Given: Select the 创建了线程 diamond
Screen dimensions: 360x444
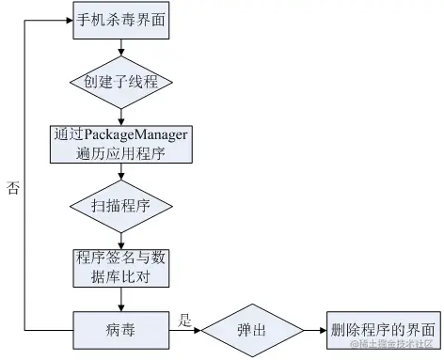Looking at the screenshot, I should click(x=121, y=82).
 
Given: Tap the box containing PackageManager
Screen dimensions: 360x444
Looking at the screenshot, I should click(x=121, y=142).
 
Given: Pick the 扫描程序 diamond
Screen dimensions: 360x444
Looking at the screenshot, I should click(x=121, y=203).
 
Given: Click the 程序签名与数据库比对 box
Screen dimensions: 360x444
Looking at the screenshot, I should click(x=121, y=267).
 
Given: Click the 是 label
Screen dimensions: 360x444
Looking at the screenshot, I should click(x=185, y=320).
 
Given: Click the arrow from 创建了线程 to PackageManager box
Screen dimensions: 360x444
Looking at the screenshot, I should click(x=121, y=112).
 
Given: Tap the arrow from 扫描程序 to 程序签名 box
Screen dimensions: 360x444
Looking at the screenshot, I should click(x=121, y=236).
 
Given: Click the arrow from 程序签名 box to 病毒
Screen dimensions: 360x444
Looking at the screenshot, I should click(x=121, y=299).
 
